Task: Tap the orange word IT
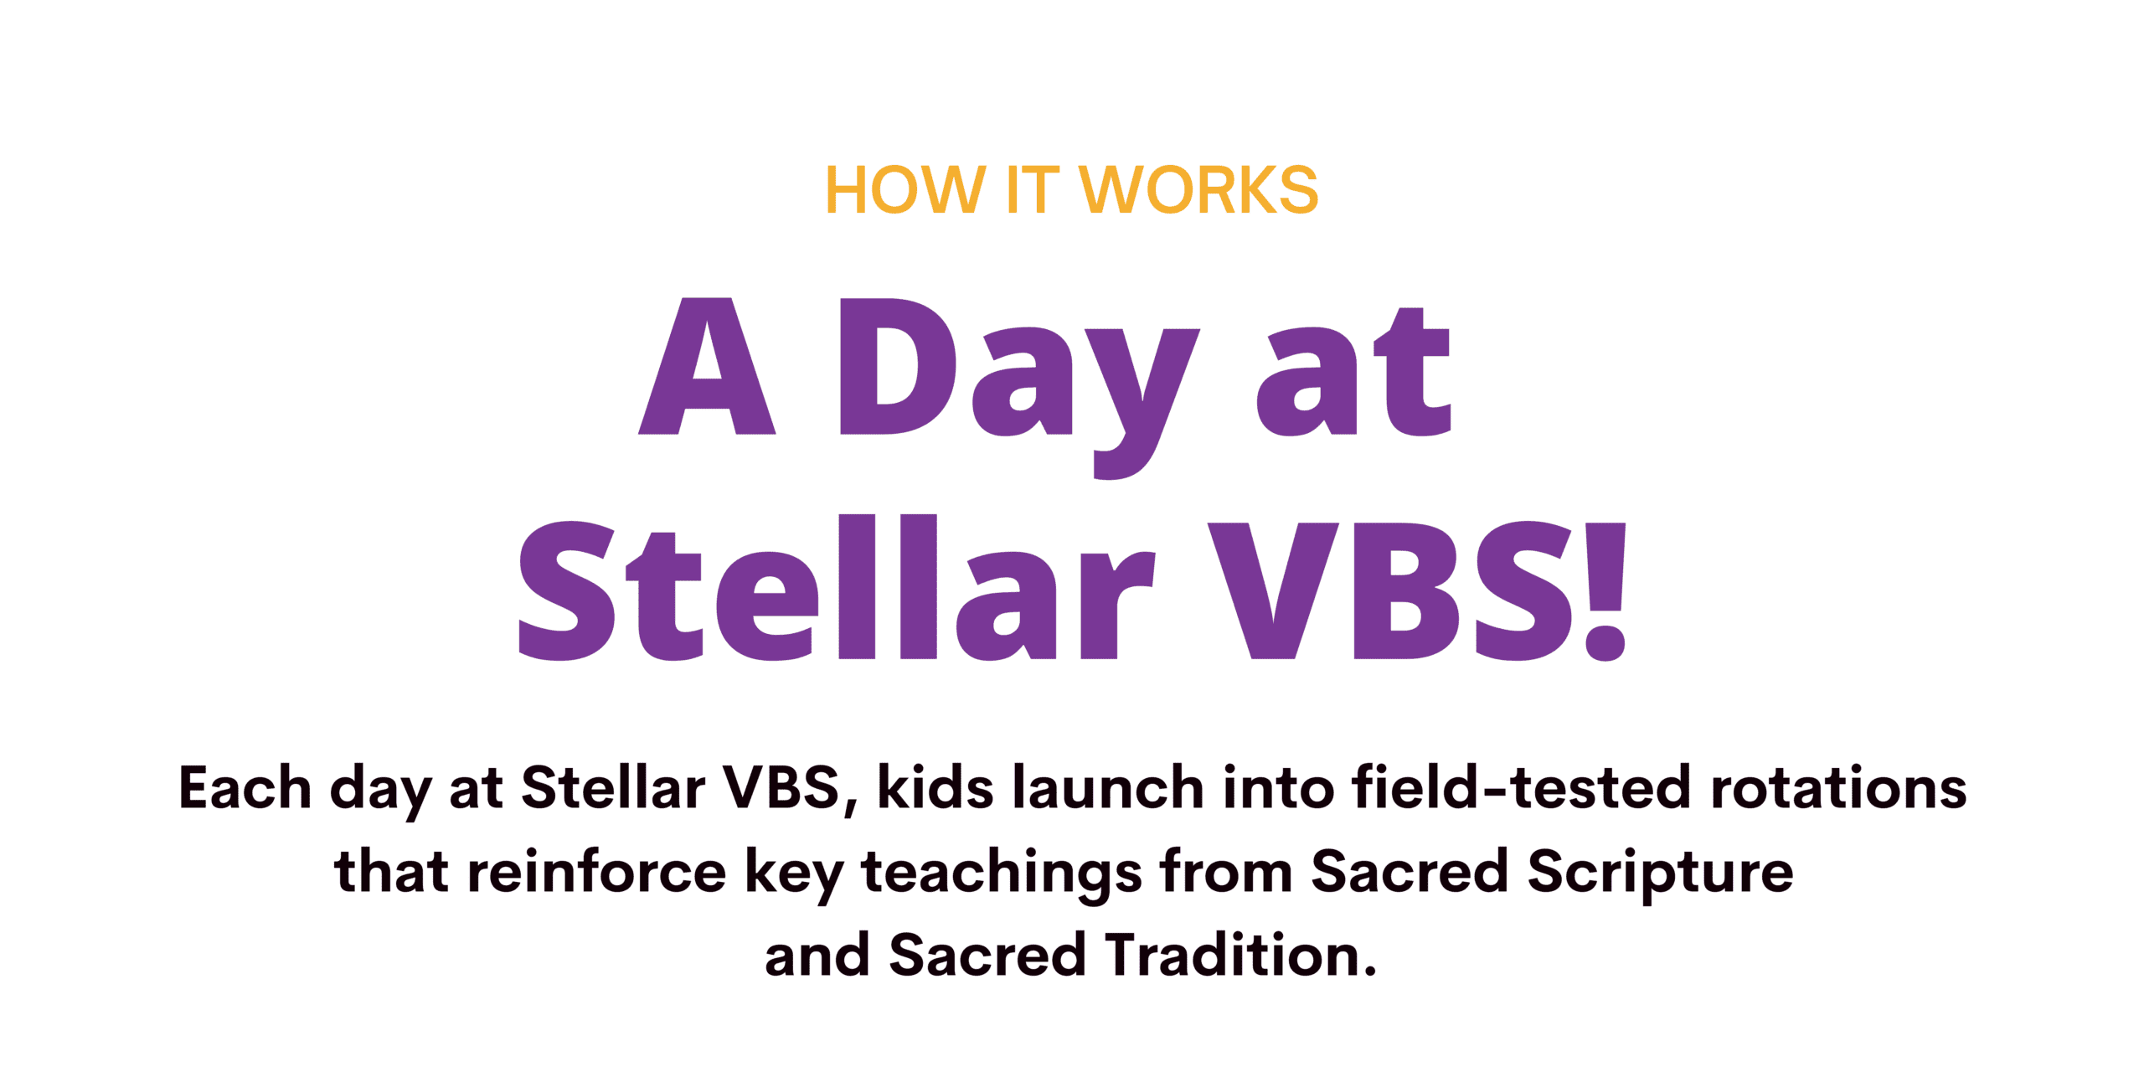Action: tap(1032, 190)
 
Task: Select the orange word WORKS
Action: tap(1198, 190)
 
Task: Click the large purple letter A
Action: tap(707, 366)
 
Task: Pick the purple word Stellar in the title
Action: tap(837, 587)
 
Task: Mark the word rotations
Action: tap(1838, 788)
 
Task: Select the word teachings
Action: tap(1002, 876)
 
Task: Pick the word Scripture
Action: tap(1660, 875)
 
